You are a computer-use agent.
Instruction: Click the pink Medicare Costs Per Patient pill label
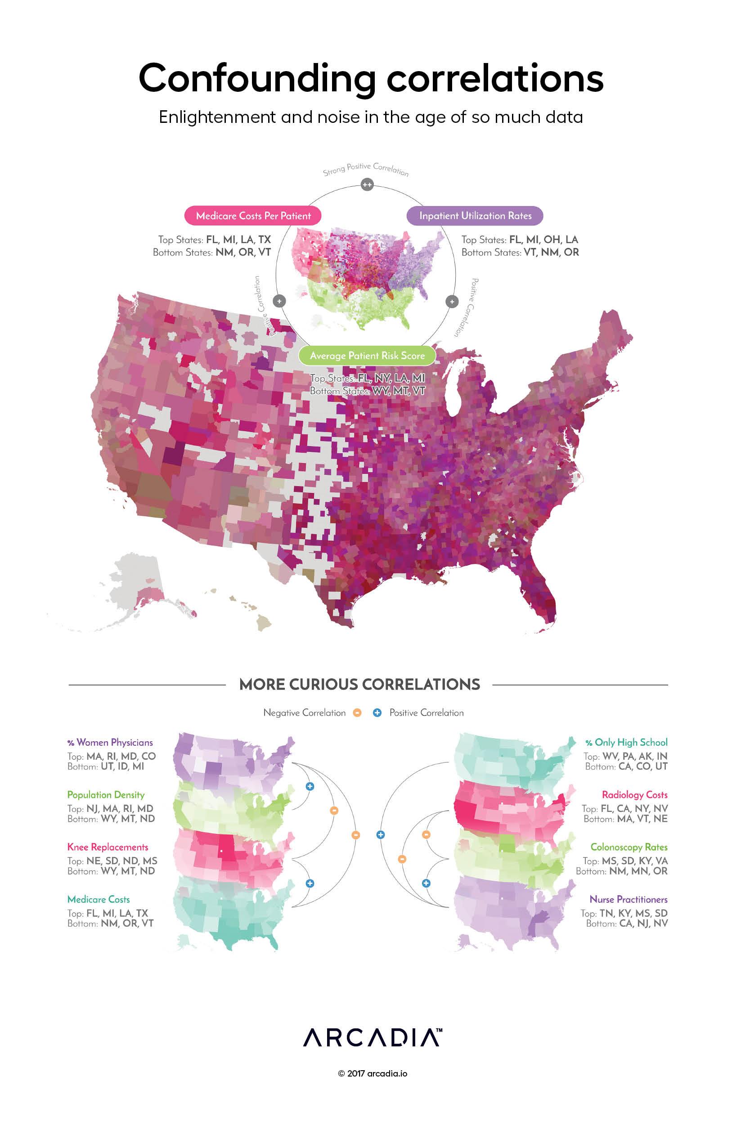tap(253, 216)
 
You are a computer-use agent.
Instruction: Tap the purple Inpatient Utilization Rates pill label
tap(475, 216)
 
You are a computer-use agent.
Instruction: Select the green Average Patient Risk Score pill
tap(367, 356)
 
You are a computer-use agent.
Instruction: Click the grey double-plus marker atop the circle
tap(367, 185)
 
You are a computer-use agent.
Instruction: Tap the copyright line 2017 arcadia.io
tap(373, 1073)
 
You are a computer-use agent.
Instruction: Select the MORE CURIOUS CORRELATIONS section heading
tap(359, 685)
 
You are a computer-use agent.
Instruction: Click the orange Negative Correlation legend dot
tap(357, 713)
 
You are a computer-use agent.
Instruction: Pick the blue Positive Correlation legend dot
tap(377, 713)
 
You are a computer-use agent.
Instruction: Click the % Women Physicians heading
tap(110, 743)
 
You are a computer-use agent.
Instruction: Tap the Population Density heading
tap(106, 794)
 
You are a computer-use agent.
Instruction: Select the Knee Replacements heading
tap(108, 847)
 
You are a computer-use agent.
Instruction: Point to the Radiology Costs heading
tap(634, 794)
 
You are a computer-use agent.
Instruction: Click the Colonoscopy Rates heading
tap(629, 847)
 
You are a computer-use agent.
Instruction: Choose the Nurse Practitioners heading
tap(628, 899)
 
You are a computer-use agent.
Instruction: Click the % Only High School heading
tap(626, 743)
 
